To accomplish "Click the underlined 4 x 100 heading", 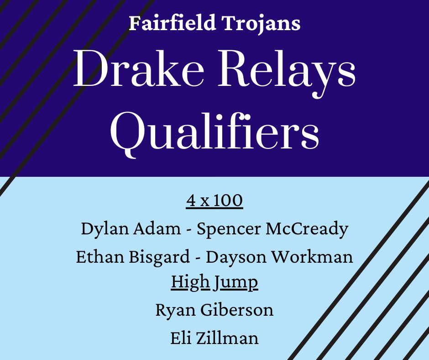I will tap(214, 201).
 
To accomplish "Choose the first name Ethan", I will tap(97, 257).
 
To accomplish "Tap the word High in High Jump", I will tap(190, 283).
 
